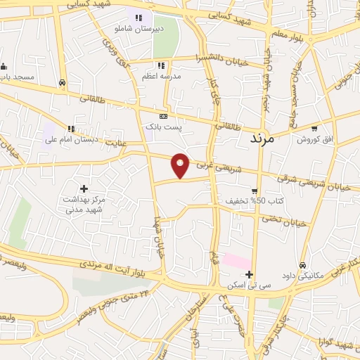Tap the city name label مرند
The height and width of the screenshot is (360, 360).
266,139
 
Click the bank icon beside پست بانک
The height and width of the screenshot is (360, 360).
163,116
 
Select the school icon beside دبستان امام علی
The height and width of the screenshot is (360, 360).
71,128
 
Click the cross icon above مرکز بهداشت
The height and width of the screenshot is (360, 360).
84,188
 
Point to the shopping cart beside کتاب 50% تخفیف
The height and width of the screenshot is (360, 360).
254,191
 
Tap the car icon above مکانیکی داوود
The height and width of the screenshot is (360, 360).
302,265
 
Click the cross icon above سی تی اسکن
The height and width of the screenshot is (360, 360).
248,274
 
